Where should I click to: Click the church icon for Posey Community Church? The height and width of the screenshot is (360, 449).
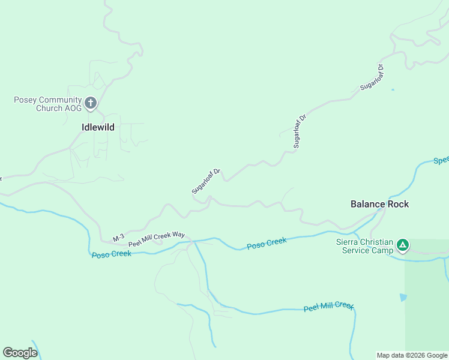(91, 103)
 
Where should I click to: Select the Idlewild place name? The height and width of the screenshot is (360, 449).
(98, 127)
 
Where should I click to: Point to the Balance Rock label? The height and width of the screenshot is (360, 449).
(379, 204)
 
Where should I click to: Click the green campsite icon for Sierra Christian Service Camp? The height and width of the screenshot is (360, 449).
(403, 245)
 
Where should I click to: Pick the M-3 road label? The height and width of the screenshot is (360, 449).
(118, 238)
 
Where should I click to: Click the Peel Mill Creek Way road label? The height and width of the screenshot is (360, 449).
(156, 239)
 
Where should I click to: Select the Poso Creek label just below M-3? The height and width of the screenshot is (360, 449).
(111, 254)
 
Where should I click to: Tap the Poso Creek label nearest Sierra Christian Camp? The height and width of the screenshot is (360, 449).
(267, 243)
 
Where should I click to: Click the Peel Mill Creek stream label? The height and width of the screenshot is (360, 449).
(328, 307)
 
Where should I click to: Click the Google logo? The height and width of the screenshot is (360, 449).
(20, 352)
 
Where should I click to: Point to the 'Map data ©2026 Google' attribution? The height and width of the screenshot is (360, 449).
(412, 355)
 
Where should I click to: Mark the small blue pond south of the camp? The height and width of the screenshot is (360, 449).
(403, 298)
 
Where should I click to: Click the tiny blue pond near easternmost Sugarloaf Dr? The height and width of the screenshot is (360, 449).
(393, 90)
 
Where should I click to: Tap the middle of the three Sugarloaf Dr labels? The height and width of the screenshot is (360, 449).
(299, 130)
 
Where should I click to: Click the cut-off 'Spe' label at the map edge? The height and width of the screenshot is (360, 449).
(441, 161)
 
